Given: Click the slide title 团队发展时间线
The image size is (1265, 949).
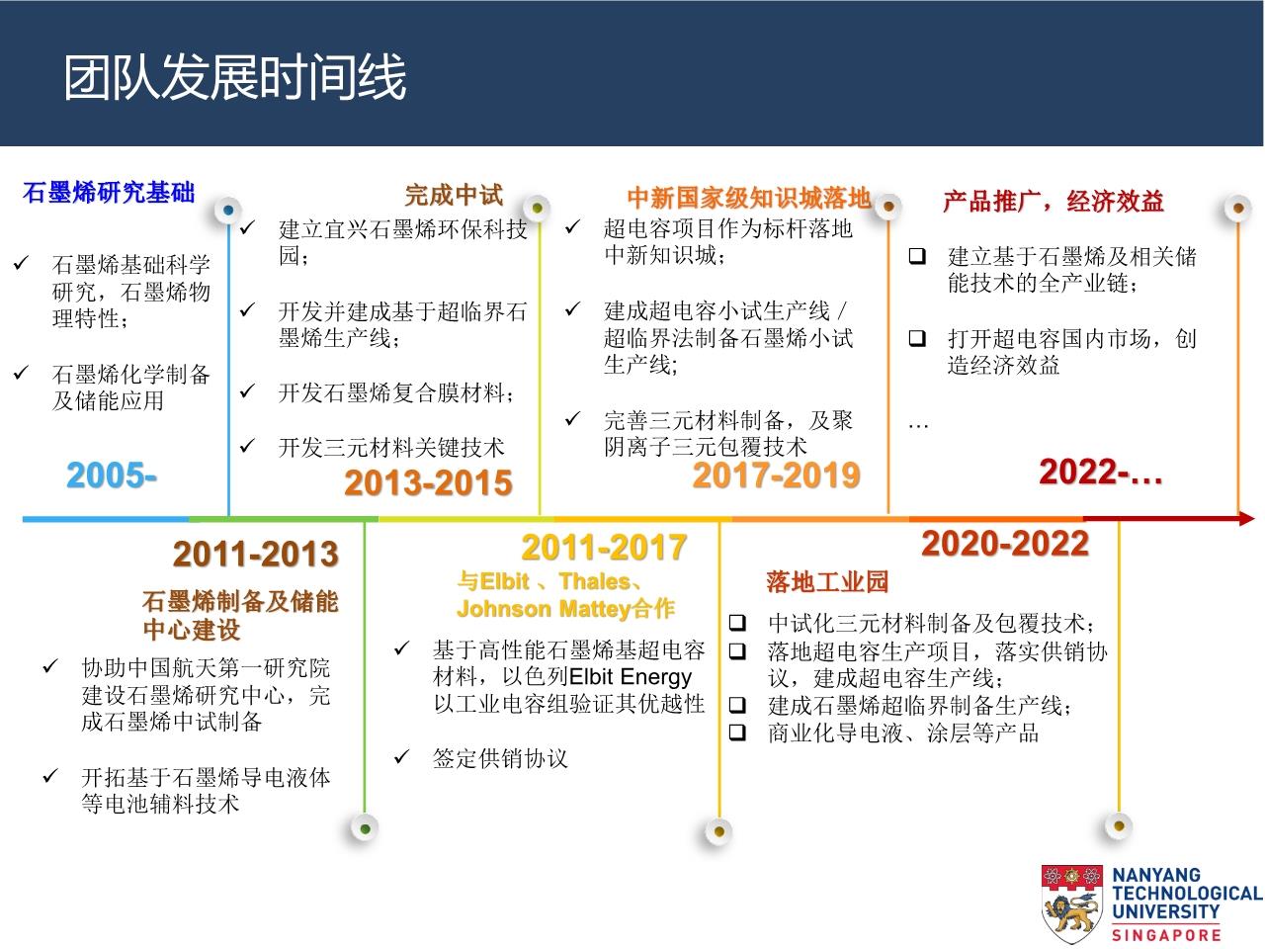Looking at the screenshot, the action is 234,77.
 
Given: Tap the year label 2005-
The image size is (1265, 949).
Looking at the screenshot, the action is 112,475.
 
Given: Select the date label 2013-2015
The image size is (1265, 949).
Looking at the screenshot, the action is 428,482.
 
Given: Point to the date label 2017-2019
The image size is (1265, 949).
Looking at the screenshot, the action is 776,474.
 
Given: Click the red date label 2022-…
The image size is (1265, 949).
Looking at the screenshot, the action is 1101,472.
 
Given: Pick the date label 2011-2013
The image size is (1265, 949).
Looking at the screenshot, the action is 256,554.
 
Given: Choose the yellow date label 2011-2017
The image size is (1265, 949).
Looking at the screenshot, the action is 604,547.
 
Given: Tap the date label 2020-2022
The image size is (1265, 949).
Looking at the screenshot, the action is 1005,544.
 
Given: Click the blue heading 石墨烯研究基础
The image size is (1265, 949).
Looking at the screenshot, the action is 109,193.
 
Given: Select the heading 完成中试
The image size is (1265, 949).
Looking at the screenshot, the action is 454,195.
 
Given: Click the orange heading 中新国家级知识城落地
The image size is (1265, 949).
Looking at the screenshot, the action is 749,198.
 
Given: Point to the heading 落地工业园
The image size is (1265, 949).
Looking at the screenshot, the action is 827,581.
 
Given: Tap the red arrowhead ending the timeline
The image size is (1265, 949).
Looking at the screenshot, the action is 1246,519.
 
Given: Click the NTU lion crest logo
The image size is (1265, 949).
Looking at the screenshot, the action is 1071,904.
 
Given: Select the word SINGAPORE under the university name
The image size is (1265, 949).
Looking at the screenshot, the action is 1166,935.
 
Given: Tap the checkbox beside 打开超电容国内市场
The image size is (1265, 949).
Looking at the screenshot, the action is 917,338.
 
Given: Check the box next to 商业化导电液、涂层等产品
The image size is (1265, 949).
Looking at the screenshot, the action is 737,733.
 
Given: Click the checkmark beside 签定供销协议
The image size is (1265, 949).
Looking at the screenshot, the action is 401,756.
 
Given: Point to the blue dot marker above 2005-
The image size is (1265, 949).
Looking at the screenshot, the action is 228,210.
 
